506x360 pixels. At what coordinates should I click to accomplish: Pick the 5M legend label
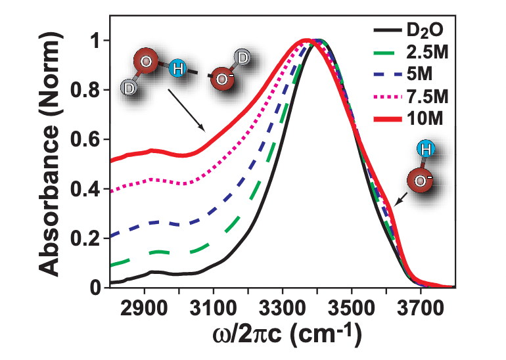pos(423,75)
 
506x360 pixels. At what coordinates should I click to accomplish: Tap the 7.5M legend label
pos(429,97)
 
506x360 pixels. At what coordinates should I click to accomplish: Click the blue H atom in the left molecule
pos(177,68)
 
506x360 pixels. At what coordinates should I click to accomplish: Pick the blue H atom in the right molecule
pos(426,150)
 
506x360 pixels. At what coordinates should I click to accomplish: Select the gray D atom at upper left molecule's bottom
pos(129,87)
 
